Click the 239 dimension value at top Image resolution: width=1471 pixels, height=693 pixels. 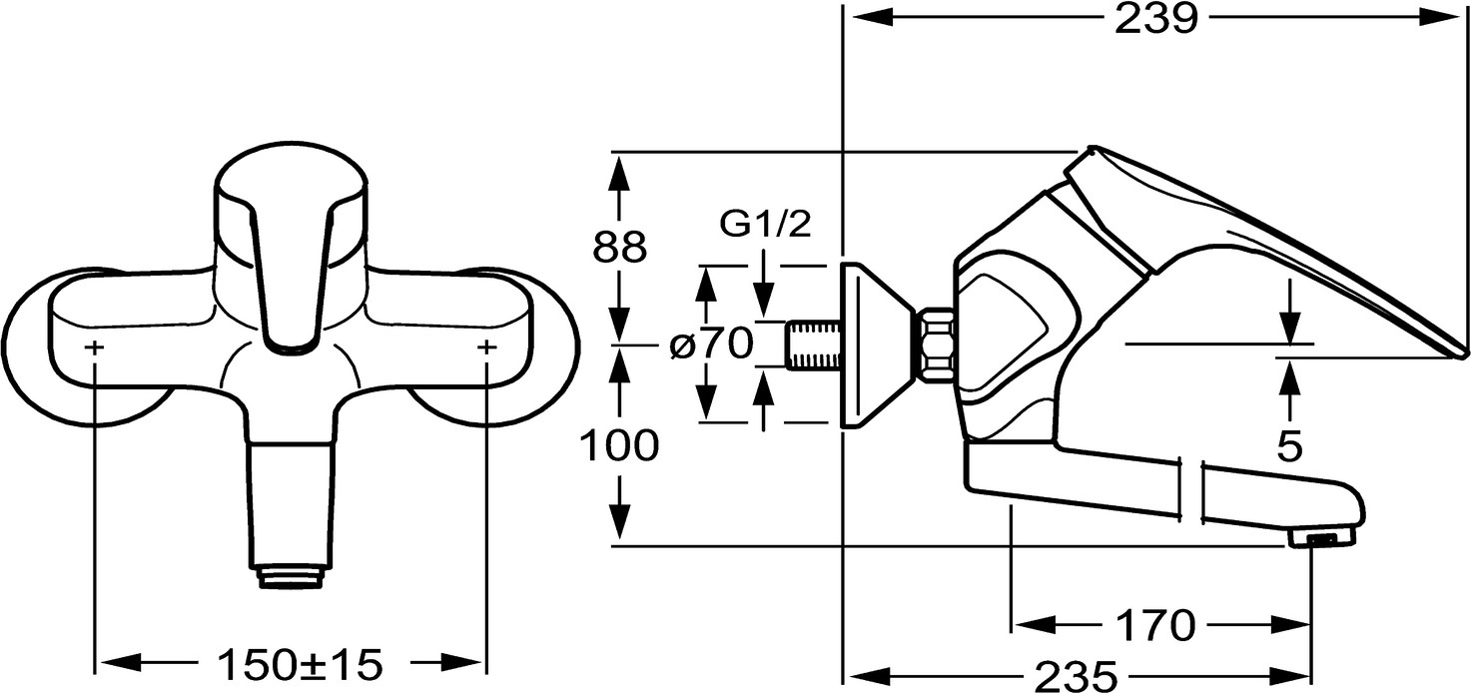[x=1155, y=20]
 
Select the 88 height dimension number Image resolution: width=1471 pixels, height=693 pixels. [x=619, y=247]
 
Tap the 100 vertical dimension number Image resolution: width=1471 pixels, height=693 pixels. [x=619, y=446]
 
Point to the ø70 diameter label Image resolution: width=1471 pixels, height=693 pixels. [x=711, y=345]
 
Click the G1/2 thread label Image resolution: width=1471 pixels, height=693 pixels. [x=766, y=225]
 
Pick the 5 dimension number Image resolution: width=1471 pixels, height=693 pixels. [x=1290, y=447]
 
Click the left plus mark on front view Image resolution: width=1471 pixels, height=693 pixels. [x=95, y=347]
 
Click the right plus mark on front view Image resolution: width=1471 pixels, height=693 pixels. [x=487, y=347]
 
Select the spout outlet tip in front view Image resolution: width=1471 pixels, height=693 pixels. [x=291, y=577]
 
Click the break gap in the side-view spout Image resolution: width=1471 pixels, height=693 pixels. [x=1192, y=491]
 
